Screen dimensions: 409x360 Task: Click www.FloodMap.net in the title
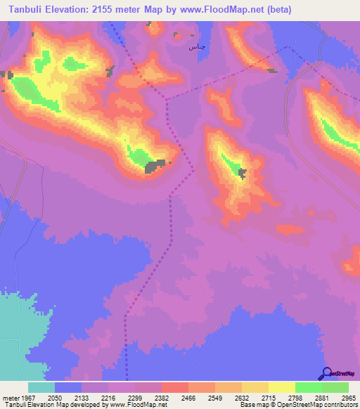click(x=219, y=9)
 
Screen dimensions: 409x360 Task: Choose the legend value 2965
click(x=348, y=397)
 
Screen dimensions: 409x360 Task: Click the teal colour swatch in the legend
click(x=41, y=387)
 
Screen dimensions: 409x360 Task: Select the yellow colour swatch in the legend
click(x=281, y=387)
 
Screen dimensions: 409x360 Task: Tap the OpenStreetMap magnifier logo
click(x=326, y=373)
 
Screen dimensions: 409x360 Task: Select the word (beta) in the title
click(x=276, y=9)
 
